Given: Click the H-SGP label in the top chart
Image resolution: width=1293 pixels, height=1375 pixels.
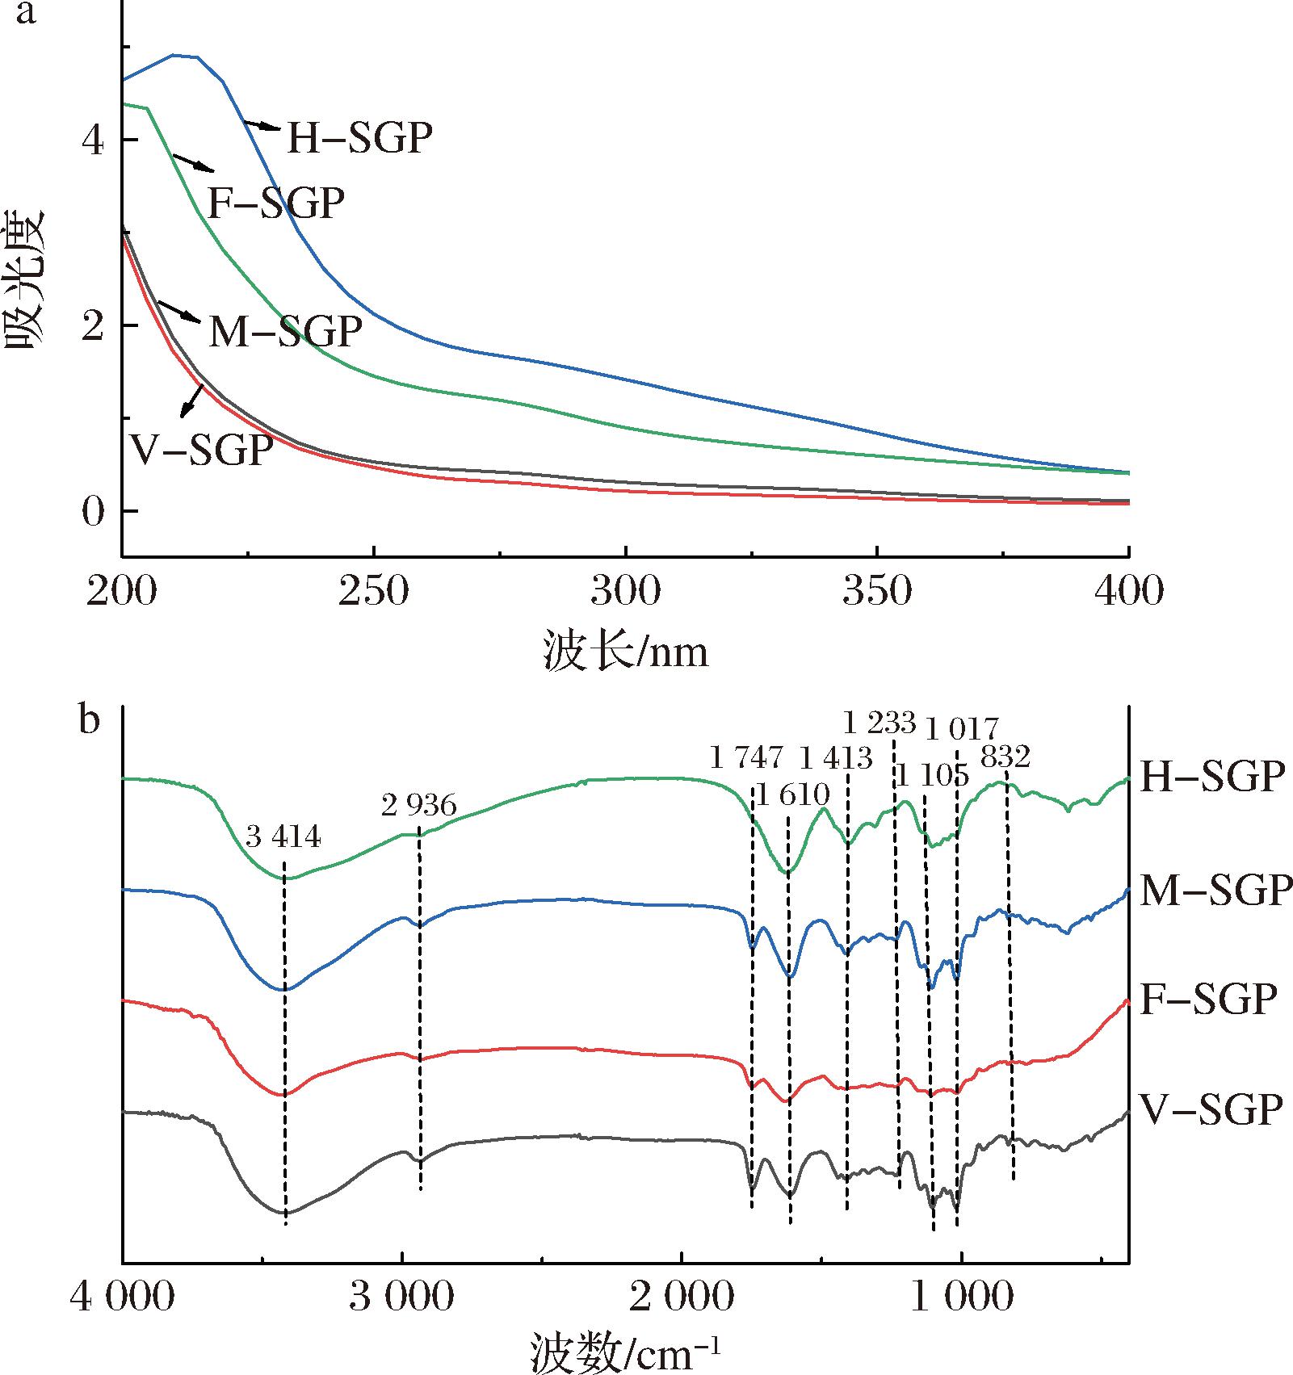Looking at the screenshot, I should tap(359, 138).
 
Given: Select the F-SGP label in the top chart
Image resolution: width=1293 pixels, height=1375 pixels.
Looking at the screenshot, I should tap(275, 203).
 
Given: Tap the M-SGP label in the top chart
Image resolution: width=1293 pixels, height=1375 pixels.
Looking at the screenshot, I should tap(284, 331).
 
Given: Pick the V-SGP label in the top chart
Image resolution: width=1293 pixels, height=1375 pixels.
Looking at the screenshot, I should tap(201, 451).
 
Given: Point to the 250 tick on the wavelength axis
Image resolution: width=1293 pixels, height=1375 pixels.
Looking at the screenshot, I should tap(374, 592).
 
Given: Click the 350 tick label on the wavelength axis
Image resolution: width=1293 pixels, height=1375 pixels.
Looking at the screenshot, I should tap(877, 592).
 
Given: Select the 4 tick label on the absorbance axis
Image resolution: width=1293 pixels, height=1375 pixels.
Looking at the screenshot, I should tap(94, 140).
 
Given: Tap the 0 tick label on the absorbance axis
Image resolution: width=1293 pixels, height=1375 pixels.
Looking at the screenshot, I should tap(94, 511).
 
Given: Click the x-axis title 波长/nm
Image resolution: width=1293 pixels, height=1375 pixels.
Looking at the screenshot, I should tap(625, 651).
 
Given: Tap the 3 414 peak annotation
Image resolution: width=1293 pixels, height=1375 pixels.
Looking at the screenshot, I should tap(283, 838).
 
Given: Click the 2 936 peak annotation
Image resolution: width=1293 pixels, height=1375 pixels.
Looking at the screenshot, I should tap(419, 805).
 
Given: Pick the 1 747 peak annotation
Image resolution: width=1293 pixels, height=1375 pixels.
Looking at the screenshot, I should tap(746, 757).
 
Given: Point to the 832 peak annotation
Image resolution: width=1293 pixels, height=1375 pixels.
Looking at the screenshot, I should tap(1005, 757).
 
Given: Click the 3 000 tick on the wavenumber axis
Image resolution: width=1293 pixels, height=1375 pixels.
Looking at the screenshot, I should tap(402, 1297).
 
